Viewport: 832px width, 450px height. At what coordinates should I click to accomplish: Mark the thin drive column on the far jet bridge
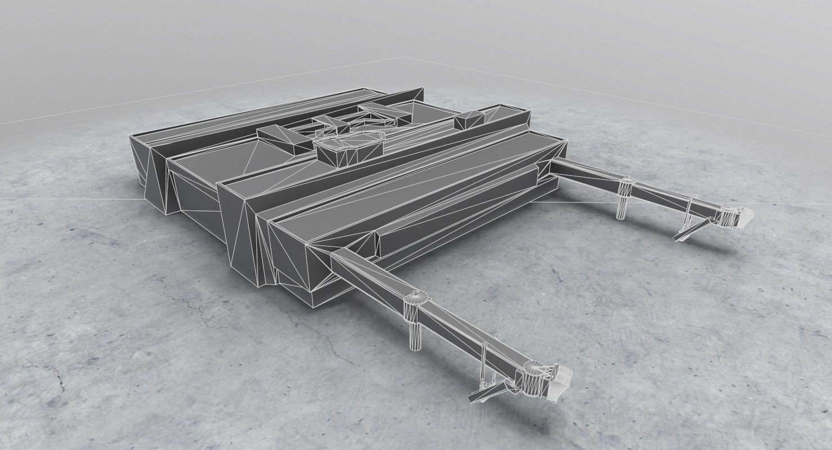tap(686, 219)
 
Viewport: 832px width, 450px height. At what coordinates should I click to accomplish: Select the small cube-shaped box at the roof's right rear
tap(469, 119)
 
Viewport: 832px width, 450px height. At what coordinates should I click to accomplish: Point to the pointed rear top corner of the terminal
tap(423, 88)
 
